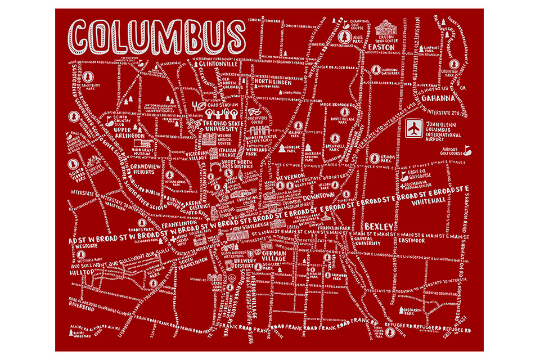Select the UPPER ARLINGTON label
[130, 132]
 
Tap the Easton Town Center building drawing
[385, 28]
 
